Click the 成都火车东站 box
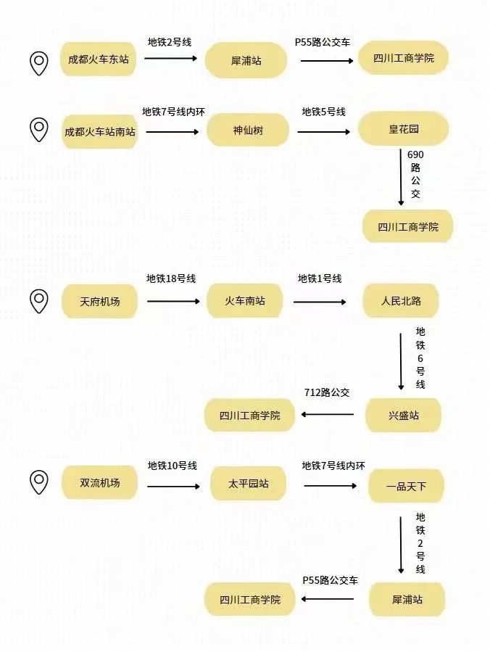[99, 59]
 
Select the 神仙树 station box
[248, 130]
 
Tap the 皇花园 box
[403, 128]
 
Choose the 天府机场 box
[99, 301]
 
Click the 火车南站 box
[245, 301]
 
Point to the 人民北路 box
[401, 301]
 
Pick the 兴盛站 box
[403, 415]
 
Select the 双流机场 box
[99, 482]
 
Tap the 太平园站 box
[248, 483]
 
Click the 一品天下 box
[406, 486]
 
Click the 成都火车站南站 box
[99, 132]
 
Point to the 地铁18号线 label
[171, 278]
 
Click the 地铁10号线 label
[172, 466]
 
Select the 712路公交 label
[327, 392]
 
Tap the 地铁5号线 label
[324, 112]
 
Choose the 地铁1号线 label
[320, 278]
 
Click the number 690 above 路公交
[415, 154]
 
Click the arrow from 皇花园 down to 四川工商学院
[401, 177]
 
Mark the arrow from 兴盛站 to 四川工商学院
[328, 414]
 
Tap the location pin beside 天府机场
[39, 302]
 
